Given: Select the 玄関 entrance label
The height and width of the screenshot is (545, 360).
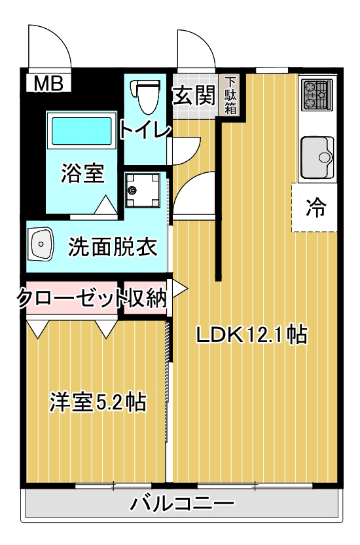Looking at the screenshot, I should click(x=194, y=95).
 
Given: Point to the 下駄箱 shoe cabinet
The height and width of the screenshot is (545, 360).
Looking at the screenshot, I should click(x=230, y=95).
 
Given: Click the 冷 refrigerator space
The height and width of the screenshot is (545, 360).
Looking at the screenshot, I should click(x=315, y=208).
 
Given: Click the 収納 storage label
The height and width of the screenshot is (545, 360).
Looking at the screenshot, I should click(x=147, y=297).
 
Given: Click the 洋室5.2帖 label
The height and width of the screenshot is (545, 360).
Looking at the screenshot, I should click(x=98, y=402).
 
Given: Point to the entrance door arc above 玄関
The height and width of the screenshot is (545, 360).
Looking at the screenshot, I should click(x=195, y=47).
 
